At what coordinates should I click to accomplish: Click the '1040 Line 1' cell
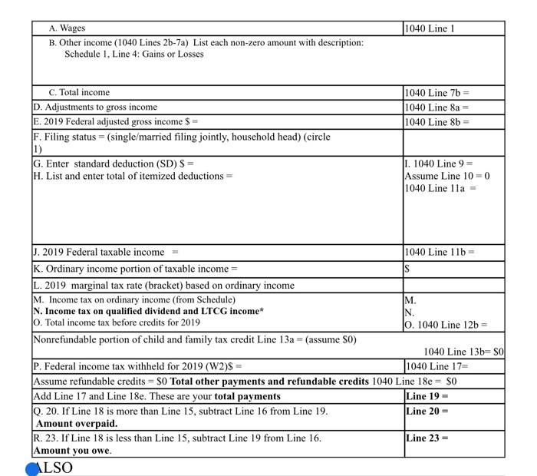pos(430,28)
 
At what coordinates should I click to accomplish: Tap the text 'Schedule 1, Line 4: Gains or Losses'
pos(134,55)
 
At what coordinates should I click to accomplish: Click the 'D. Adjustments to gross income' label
pos(95,107)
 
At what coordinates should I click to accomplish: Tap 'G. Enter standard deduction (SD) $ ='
pos(113,164)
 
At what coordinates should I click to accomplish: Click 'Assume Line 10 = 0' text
pos(446,176)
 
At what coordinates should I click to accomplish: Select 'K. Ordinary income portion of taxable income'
pos(135,269)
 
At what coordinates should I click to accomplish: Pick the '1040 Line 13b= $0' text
pos(463,352)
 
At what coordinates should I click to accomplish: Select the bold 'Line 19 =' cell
pos(427,396)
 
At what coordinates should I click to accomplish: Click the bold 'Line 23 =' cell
pos(427,438)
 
